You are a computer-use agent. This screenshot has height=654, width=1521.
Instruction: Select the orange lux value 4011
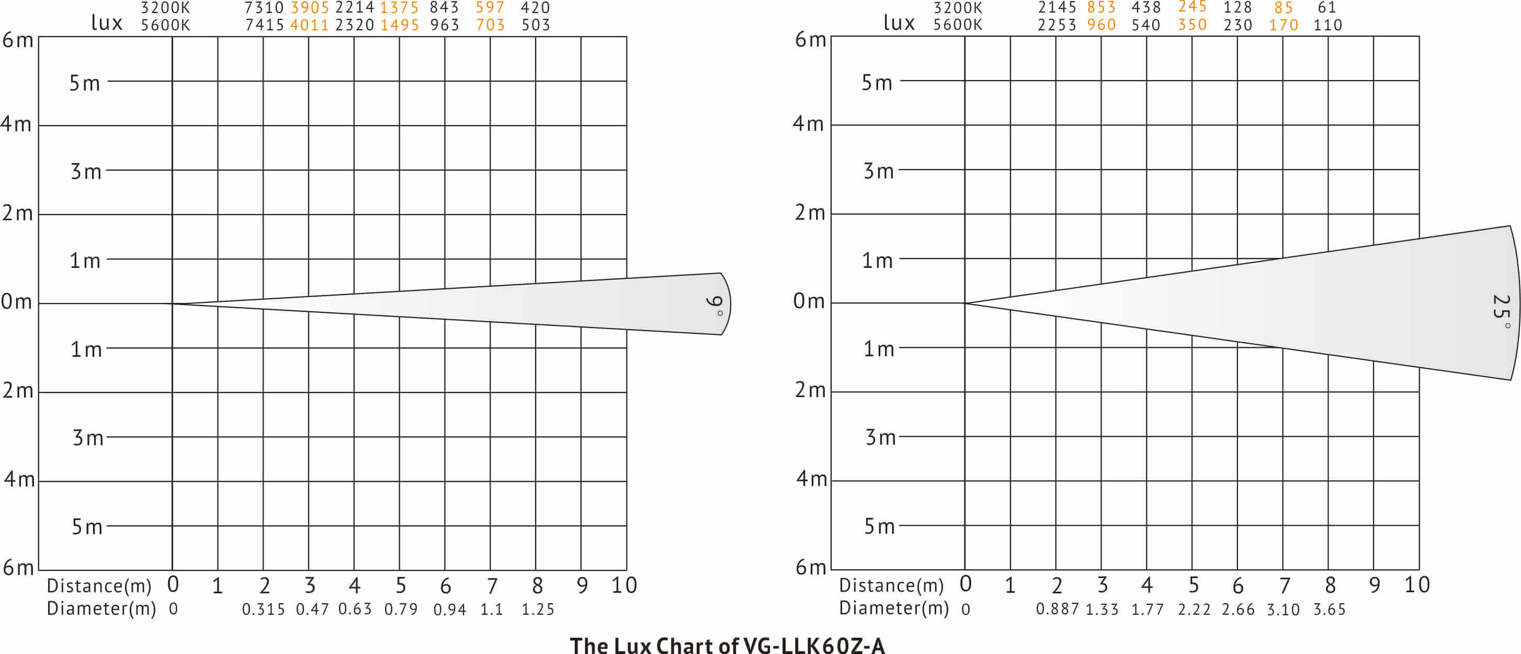tap(310, 25)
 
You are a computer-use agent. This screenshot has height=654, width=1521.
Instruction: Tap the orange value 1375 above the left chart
tap(399, 8)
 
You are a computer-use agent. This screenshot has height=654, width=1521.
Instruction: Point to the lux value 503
tap(536, 25)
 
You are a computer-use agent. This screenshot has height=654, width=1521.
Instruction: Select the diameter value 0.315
tap(263, 609)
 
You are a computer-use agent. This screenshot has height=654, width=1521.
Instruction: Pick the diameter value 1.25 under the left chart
tap(537, 609)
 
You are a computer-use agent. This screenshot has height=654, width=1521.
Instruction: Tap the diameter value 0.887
tap(1057, 609)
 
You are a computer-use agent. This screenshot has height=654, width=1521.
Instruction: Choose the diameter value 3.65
tap(1329, 609)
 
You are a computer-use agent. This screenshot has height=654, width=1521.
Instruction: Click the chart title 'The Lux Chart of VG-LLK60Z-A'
tap(727, 645)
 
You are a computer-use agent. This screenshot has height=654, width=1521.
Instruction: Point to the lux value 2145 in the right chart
tap(1057, 8)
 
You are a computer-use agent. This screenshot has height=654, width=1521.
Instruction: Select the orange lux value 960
tap(1101, 25)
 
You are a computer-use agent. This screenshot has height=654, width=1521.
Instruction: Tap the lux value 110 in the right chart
tap(1327, 25)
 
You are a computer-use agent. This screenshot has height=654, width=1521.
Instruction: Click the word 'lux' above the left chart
tap(106, 22)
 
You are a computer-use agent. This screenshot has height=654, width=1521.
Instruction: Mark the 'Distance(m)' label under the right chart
tap(891, 585)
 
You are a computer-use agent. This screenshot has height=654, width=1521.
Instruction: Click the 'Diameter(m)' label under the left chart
tap(101, 608)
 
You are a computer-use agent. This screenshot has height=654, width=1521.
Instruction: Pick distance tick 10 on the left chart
tap(623, 585)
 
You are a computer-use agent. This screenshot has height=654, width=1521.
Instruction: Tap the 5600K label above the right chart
tap(957, 25)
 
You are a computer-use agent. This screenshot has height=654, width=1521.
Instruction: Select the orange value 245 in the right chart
tap(1191, 7)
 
